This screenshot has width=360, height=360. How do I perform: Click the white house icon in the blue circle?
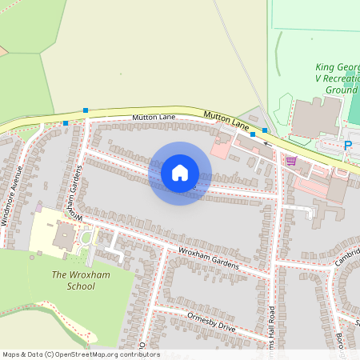pyautogui.click(x=180, y=173)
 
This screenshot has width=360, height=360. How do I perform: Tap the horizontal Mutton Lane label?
pyautogui.click(x=154, y=118)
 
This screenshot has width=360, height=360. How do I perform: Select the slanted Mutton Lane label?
pyautogui.click(x=226, y=119)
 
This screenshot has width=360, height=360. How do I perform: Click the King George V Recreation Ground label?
pyautogui.click(x=325, y=79)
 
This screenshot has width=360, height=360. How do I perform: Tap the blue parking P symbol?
pyautogui.click(x=347, y=146)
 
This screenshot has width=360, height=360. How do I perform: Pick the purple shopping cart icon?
pyautogui.click(x=290, y=161)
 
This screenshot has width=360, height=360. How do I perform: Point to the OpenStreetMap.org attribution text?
pyautogui.click(x=81, y=354)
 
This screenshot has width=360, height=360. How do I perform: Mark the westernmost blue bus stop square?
pyautogui.click(x=66, y=123)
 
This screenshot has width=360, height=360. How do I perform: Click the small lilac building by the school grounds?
pyautogui.click(x=38, y=208)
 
